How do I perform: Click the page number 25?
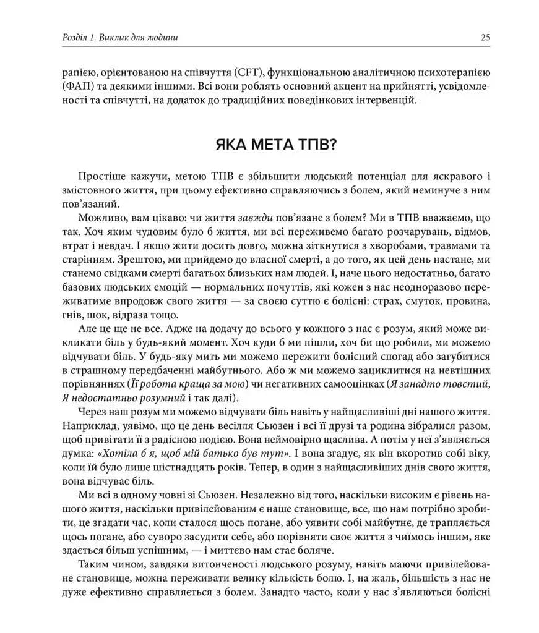point(485,37)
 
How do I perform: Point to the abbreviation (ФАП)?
point(79,85)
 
